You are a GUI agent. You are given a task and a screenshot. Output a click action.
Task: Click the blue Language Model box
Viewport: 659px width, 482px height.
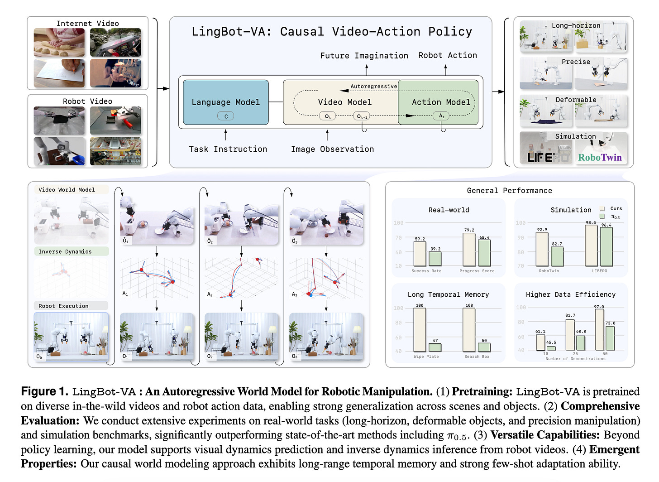click(x=225, y=102)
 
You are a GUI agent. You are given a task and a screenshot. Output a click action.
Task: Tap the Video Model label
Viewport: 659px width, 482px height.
click(x=344, y=102)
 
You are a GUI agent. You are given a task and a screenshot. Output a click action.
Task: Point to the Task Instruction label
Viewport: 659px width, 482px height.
click(x=228, y=149)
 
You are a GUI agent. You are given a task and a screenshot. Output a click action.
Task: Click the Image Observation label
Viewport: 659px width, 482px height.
click(x=332, y=149)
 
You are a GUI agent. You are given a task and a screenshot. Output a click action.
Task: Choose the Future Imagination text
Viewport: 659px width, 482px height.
click(x=364, y=56)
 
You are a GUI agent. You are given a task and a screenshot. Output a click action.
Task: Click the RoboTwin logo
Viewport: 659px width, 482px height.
click(x=600, y=158)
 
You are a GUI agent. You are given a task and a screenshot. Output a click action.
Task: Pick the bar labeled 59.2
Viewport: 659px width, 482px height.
click(x=420, y=254)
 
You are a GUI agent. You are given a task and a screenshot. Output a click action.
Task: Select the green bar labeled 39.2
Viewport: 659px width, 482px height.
click(x=435, y=259)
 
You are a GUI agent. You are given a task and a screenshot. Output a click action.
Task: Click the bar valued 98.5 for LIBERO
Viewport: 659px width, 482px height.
click(x=591, y=245)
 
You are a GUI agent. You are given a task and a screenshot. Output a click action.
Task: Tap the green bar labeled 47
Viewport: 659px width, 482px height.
click(x=435, y=347)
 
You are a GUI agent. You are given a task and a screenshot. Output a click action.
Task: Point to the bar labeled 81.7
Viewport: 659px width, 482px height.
click(x=570, y=335)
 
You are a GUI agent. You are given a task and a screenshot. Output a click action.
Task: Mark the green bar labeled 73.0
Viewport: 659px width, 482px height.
click(x=610, y=338)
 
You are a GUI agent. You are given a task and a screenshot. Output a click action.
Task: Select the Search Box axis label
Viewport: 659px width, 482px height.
click(x=477, y=357)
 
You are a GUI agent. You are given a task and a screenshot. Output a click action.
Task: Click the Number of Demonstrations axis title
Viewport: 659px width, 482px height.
click(x=575, y=359)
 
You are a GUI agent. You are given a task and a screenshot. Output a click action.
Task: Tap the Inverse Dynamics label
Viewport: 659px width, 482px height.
click(x=65, y=252)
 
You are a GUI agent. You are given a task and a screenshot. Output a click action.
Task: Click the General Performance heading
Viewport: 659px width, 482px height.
click(x=509, y=191)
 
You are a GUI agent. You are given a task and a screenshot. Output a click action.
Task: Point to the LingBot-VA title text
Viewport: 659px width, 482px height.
click(x=331, y=32)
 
